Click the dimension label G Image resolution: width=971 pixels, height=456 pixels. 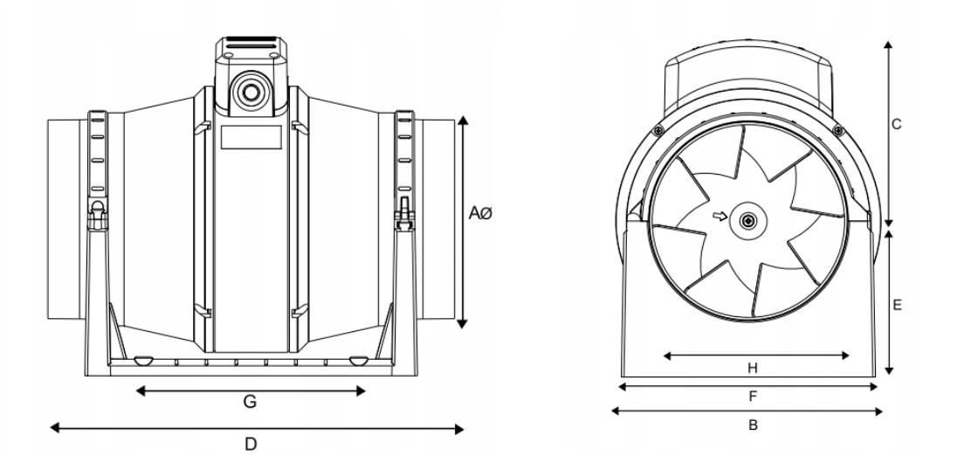pyautogui.click(x=250, y=402)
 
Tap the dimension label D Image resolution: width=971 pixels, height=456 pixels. pyautogui.click(x=251, y=444)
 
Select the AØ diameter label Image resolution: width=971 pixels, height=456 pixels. pyautogui.click(x=480, y=214)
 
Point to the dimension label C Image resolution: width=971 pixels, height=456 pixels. pyautogui.click(x=896, y=125)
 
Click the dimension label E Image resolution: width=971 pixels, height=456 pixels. pyautogui.click(x=898, y=305)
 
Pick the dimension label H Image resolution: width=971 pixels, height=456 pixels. pyautogui.click(x=753, y=369)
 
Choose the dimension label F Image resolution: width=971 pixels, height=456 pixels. pyautogui.click(x=753, y=397)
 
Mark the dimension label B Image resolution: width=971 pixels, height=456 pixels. pyautogui.click(x=753, y=425)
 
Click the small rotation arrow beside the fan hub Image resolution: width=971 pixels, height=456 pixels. pyautogui.click(x=720, y=217)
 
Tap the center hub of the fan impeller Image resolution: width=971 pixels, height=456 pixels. pyautogui.click(x=748, y=221)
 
